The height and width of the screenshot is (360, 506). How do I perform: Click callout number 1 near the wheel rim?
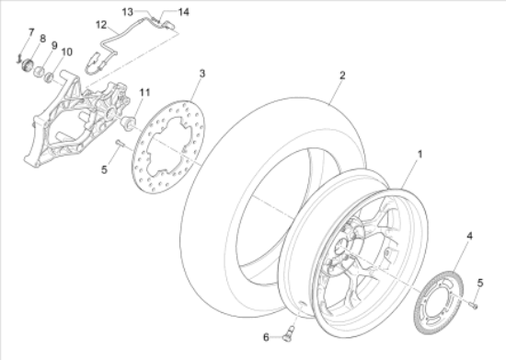(x=420, y=155)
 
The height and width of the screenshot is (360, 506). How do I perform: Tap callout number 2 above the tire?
(x=342, y=75)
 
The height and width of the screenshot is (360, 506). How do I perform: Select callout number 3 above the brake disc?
(x=202, y=74)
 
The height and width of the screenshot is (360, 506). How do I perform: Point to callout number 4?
(x=470, y=236)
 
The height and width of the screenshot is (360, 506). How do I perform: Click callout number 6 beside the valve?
(x=266, y=337)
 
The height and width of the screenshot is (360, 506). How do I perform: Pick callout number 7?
(x=31, y=32)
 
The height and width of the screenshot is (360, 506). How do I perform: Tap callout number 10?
(x=67, y=52)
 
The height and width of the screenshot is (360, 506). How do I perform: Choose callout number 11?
(x=144, y=93)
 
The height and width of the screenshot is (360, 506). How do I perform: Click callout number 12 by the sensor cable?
(x=101, y=25)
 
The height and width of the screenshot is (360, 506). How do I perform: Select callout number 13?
(x=128, y=12)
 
